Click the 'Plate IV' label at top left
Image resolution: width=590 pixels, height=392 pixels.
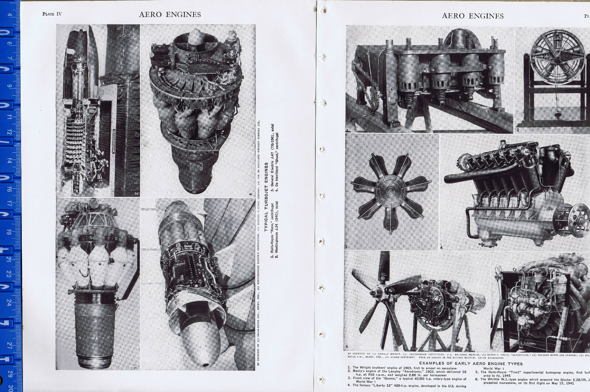[x=52, y=14]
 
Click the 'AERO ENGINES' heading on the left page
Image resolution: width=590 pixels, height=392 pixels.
[x=170, y=14]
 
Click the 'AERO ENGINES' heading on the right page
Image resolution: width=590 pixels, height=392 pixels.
[x=472, y=16]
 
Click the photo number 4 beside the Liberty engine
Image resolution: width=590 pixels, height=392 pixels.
[x=441, y=248]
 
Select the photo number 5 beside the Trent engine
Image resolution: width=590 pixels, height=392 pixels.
[x=347, y=347]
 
